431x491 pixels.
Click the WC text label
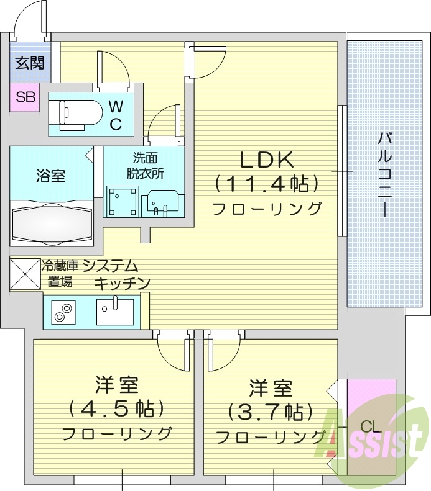click(x=116, y=115)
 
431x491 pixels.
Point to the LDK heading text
click(x=267, y=160)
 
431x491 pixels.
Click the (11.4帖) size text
click(x=267, y=184)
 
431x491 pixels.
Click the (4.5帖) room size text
click(x=117, y=408)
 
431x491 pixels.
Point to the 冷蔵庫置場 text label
click(x=60, y=274)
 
